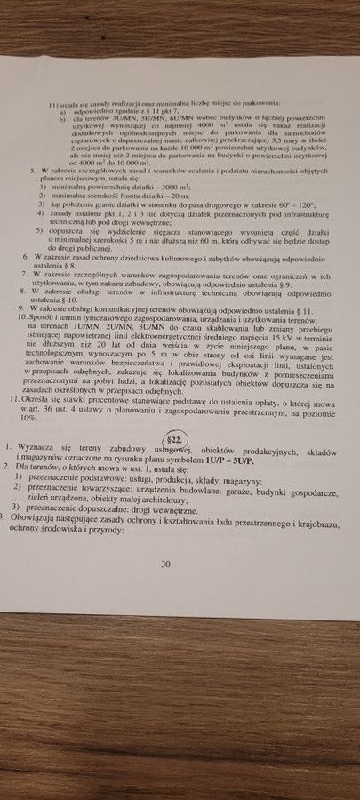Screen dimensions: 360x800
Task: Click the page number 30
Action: pyautogui.click(x=164, y=563)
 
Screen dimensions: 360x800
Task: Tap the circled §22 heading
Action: pyautogui.click(x=174, y=439)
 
